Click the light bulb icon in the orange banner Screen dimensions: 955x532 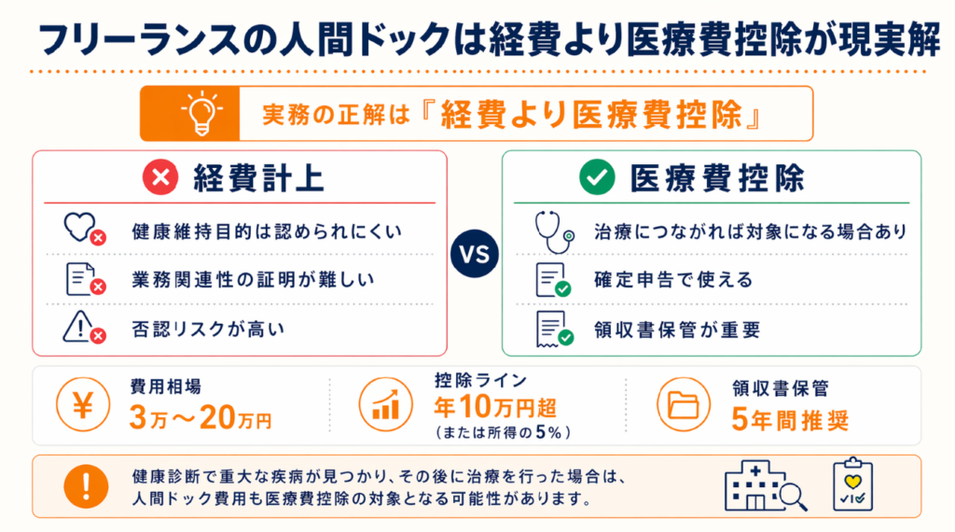pyautogui.click(x=201, y=113)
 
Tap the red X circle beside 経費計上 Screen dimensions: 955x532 pyautogui.click(x=160, y=177)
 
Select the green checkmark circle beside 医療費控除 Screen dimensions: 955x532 pyautogui.click(x=597, y=177)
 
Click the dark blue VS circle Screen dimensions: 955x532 pyautogui.click(x=475, y=254)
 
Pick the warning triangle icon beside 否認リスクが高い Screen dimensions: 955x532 pyautogui.click(x=84, y=328)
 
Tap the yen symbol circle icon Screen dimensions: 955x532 pyautogui.click(x=83, y=405)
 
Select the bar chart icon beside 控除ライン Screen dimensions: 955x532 pyautogui.click(x=385, y=405)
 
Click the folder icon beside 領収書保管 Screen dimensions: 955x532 pyautogui.click(x=684, y=405)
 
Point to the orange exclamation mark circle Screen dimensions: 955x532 pyautogui.click(x=86, y=486)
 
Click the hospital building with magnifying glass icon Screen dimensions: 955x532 pyautogui.click(x=766, y=485)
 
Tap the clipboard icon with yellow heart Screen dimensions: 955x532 pyautogui.click(x=852, y=484)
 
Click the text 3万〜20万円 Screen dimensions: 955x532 pyautogui.click(x=201, y=418)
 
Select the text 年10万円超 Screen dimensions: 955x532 pyautogui.click(x=495, y=406)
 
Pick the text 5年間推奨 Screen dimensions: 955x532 pyautogui.click(x=790, y=419)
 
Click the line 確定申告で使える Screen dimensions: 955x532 pyautogui.click(x=673, y=280)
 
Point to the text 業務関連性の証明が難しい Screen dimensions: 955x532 pyautogui.click(x=254, y=280)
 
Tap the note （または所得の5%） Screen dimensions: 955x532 pyautogui.click(x=503, y=433)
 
